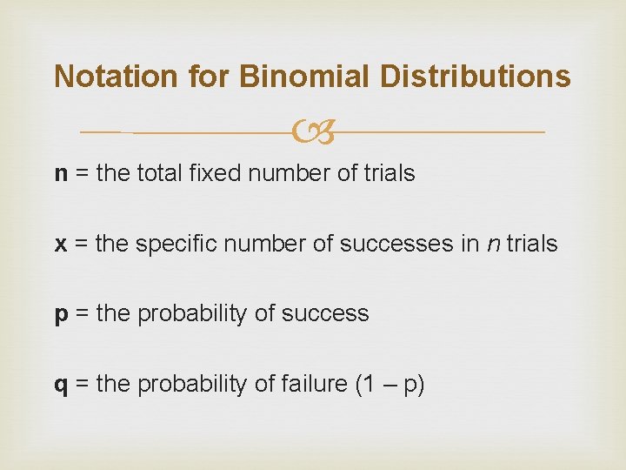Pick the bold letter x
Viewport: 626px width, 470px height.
tap(61, 245)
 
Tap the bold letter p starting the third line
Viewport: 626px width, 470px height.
tap(62, 315)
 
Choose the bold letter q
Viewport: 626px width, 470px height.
tap(62, 385)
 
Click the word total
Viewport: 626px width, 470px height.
tap(157, 174)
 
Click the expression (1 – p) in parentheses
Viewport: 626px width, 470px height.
tap(389, 384)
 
